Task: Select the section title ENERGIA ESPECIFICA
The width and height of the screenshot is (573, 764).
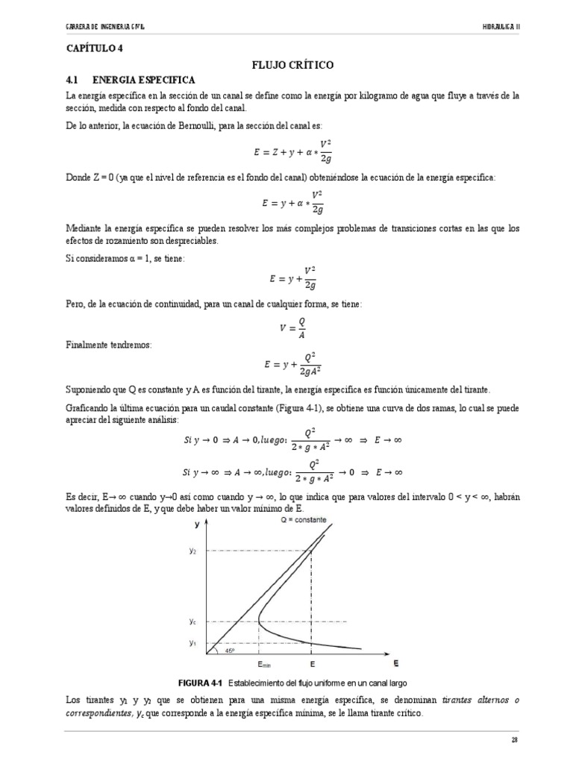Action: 143,79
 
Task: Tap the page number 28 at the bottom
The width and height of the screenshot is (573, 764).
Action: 515,739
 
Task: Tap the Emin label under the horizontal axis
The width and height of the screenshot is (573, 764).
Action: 264,663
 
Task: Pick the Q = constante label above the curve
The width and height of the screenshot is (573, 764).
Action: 304,520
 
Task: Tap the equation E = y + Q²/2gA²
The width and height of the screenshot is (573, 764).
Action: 292,365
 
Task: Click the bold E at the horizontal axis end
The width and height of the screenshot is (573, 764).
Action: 395,663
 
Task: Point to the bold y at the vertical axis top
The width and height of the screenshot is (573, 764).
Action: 196,524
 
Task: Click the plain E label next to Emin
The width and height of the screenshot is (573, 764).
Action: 312,663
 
